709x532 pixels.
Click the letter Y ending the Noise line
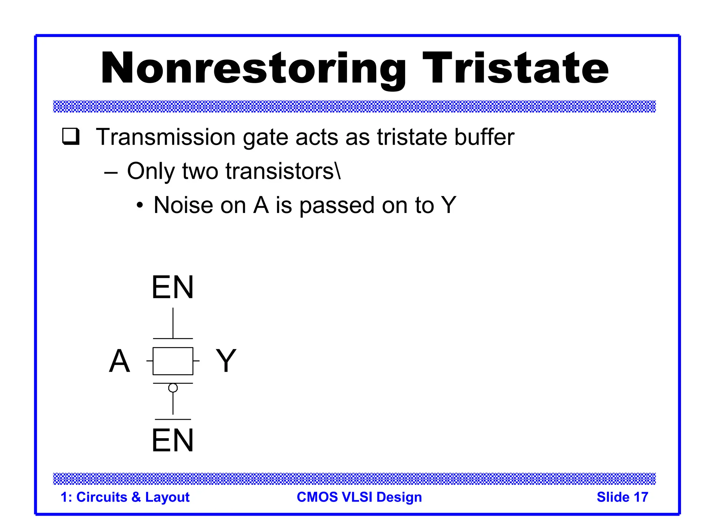point(448,205)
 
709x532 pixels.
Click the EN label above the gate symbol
point(172,287)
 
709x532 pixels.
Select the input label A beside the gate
point(119,361)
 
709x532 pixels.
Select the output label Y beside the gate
point(226,361)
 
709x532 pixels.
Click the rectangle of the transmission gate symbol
point(173,361)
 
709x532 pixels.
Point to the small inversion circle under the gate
point(173,388)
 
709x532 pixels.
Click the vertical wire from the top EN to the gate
point(173,323)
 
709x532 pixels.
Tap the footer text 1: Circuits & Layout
point(125,497)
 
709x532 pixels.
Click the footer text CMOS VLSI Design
point(359,497)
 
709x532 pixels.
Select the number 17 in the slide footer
point(640,497)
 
